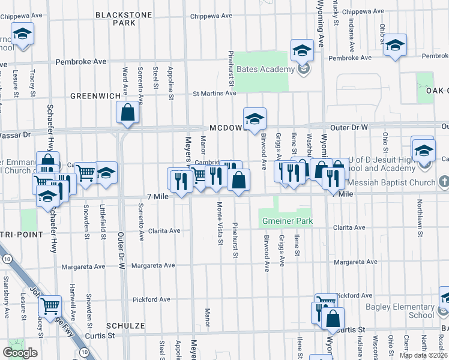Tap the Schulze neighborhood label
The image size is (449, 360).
tap(125, 325)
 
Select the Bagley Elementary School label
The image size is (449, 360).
tap(400, 311)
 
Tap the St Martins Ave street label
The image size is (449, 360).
tap(214, 94)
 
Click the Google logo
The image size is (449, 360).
tap(20, 353)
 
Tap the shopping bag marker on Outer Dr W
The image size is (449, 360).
tap(128, 112)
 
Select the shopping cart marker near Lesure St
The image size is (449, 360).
tap(50, 305)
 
